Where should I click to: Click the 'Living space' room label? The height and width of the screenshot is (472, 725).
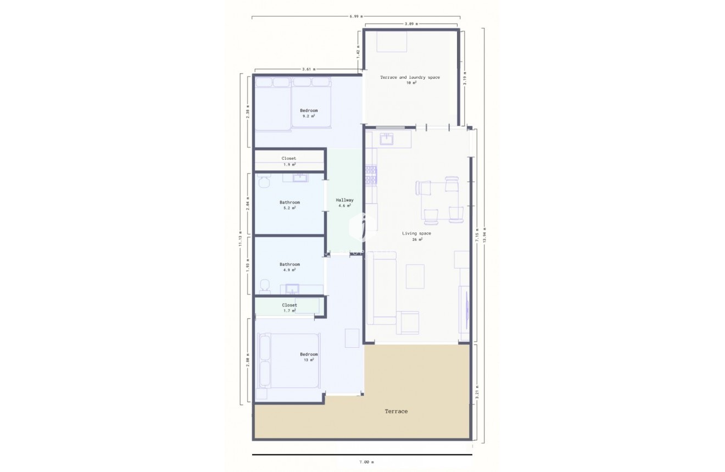click(x=416, y=234)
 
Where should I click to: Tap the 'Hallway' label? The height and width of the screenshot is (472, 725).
click(x=345, y=200)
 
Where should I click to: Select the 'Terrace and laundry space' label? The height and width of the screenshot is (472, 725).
click(x=410, y=77)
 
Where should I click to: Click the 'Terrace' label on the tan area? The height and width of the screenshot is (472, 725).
click(x=396, y=411)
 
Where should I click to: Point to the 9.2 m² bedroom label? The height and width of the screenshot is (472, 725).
click(x=309, y=110)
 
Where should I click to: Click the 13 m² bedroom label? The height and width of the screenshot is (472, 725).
click(x=309, y=354)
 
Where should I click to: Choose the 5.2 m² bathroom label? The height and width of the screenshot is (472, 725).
click(x=289, y=202)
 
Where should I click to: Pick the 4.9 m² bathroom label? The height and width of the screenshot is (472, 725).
click(x=289, y=264)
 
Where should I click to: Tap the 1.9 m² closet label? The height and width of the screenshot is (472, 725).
click(x=289, y=158)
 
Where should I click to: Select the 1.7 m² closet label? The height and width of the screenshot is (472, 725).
click(x=289, y=305)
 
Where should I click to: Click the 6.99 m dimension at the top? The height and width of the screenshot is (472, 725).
click(x=356, y=16)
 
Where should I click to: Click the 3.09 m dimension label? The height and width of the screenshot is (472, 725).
click(x=411, y=24)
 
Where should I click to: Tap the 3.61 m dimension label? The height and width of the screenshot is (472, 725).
click(x=309, y=69)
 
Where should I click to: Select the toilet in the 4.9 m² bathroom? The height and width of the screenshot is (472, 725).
click(x=265, y=285)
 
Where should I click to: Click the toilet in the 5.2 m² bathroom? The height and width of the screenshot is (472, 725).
click(x=264, y=180)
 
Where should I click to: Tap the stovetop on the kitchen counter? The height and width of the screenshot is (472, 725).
click(x=371, y=174)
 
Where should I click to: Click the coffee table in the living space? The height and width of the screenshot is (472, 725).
click(x=415, y=276)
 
